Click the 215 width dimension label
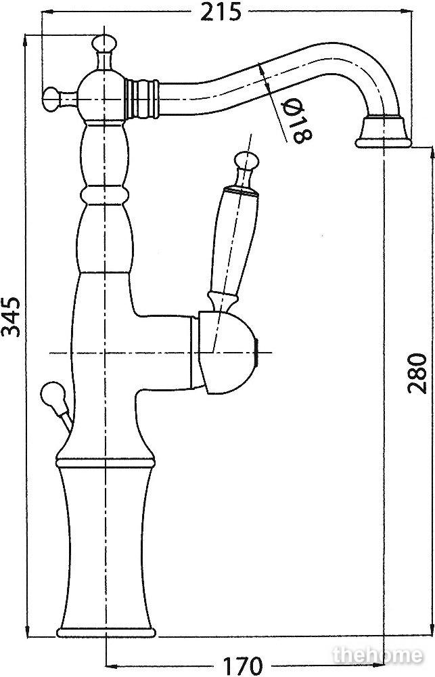point(221,12)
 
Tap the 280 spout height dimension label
point(417,373)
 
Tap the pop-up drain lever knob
point(51,395)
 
